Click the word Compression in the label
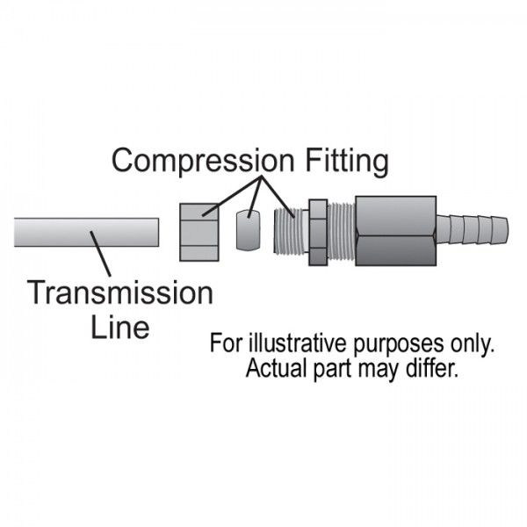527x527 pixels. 203,162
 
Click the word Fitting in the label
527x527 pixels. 344,162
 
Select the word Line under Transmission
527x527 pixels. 120,327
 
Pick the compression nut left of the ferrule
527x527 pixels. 200,232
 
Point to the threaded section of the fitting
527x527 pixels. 290,233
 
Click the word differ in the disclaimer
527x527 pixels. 432,368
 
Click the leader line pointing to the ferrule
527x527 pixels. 254,197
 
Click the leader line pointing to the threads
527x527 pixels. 274,195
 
